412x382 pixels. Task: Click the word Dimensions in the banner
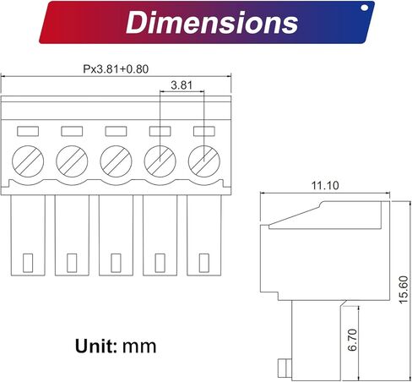pyautogui.click(x=212, y=22)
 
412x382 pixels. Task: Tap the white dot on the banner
pyautogui.click(x=364, y=8)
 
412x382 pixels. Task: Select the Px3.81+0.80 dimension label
pyautogui.click(x=116, y=69)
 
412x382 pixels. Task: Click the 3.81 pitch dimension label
pyautogui.click(x=182, y=85)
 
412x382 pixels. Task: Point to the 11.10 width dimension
pyautogui.click(x=325, y=186)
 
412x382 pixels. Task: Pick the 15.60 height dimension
pyautogui.click(x=404, y=290)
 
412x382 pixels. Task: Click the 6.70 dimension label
pyautogui.click(x=352, y=340)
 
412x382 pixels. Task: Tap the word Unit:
pyautogui.click(x=96, y=346)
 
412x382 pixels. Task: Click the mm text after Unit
pyautogui.click(x=139, y=347)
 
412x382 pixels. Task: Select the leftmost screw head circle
pyautogui.click(x=28, y=161)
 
